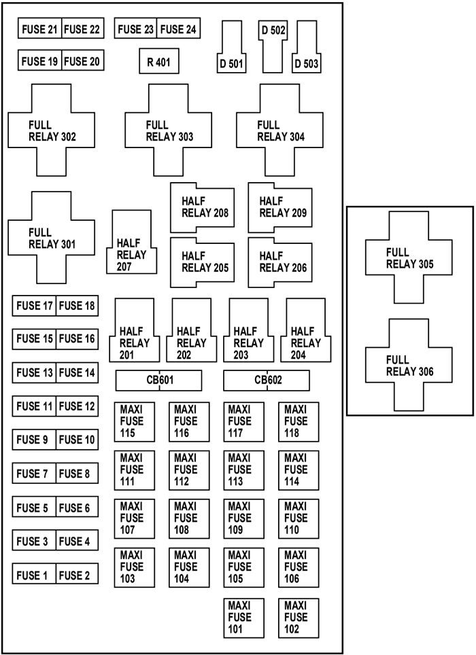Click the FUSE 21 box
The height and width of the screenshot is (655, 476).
tap(39, 29)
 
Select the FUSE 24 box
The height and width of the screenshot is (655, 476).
tap(178, 29)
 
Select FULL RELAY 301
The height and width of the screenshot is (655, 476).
tap(51, 238)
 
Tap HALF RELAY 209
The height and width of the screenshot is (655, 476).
tap(279, 207)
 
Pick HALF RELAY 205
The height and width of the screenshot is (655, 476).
tap(202, 262)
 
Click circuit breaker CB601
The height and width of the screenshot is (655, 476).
tap(158, 380)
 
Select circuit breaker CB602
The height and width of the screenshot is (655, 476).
tap(267, 380)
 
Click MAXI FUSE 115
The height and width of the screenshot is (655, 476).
tap(134, 421)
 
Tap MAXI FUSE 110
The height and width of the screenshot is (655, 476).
tap(299, 518)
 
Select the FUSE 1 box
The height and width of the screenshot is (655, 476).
tap(33, 575)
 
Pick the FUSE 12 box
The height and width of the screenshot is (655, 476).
tap(77, 407)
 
